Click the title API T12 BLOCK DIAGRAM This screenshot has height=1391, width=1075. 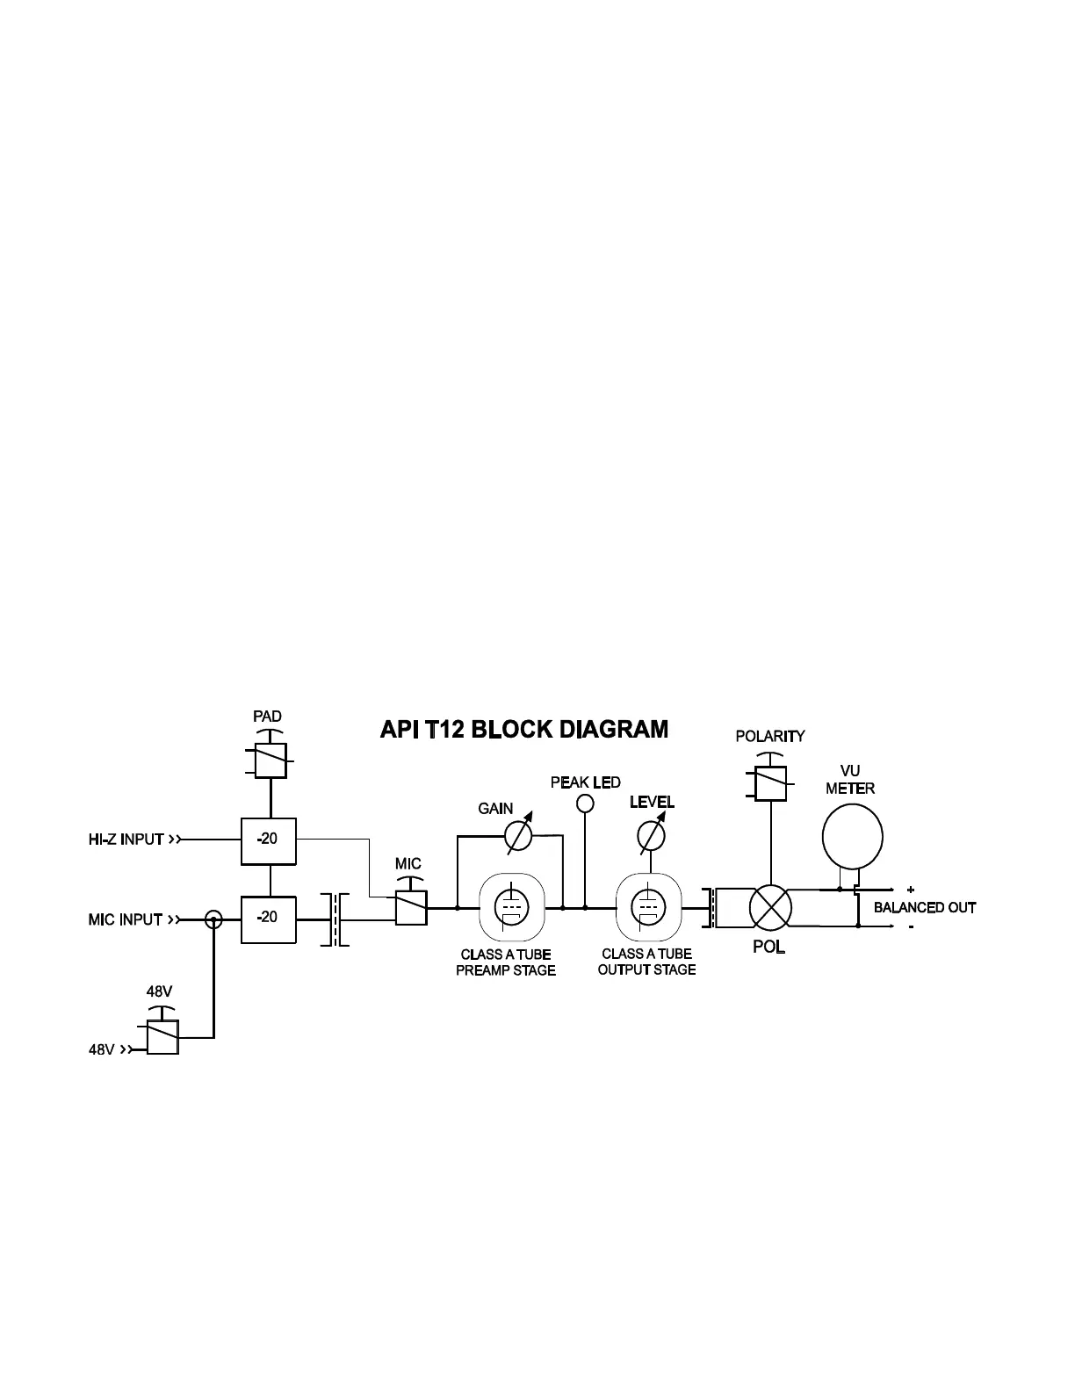click(523, 730)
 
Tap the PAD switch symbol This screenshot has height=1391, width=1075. click(271, 760)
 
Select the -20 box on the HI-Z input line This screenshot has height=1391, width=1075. click(268, 840)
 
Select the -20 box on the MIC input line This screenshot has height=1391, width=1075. click(268, 919)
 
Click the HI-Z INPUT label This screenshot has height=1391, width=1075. click(126, 840)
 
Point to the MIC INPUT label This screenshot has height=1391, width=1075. click(125, 919)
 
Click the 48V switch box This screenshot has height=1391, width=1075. click(162, 1036)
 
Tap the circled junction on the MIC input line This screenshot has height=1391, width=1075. click(213, 919)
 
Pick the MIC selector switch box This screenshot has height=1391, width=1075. click(411, 908)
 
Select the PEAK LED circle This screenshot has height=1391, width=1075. click(585, 804)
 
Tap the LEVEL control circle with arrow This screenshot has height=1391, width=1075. click(651, 838)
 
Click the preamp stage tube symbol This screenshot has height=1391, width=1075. click(508, 908)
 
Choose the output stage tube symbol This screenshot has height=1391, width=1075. click(647, 908)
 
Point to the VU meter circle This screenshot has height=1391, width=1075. click(852, 837)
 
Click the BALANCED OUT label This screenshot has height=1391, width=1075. click(924, 908)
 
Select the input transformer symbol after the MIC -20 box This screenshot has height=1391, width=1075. click(335, 919)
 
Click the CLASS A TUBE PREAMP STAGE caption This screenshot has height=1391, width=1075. click(506, 962)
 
